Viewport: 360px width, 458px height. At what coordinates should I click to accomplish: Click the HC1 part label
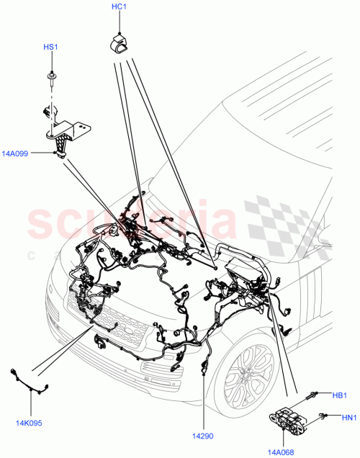tap(120, 7)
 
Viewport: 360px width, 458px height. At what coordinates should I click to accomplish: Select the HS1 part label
tap(50, 48)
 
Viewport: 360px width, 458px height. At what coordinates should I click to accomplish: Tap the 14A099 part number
tap(16, 153)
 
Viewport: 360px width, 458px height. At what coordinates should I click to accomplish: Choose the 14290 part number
tap(204, 436)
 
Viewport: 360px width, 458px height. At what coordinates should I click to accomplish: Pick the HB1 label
tap(338, 394)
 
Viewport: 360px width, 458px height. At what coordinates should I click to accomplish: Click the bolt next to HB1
tap(315, 393)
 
